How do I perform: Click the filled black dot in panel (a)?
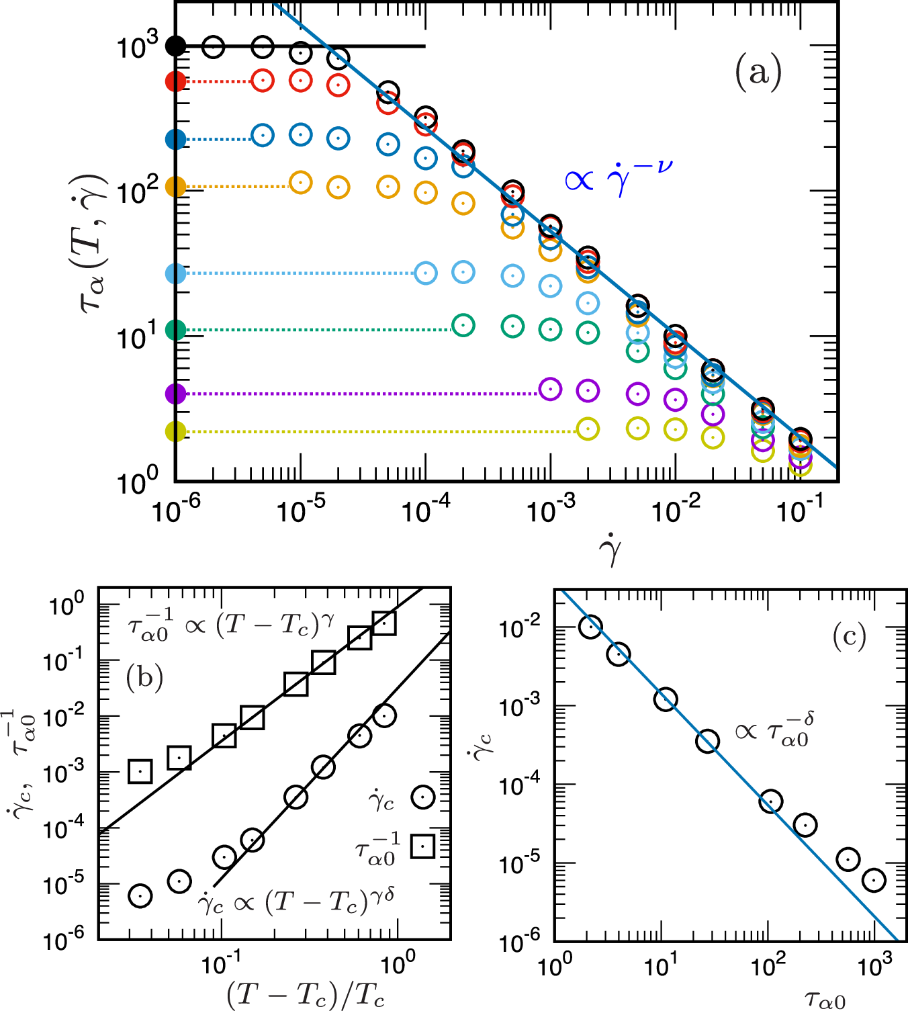click(x=175, y=46)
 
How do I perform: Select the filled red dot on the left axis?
click(x=175, y=81)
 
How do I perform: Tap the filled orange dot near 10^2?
click(x=175, y=186)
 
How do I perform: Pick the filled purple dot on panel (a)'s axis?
click(x=175, y=394)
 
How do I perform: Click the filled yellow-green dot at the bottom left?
click(x=175, y=431)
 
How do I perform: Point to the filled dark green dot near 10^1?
click(x=175, y=330)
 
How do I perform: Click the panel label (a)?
click(x=758, y=71)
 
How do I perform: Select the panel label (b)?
click(x=144, y=678)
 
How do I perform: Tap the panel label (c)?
click(x=849, y=635)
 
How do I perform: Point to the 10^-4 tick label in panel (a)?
click(x=425, y=511)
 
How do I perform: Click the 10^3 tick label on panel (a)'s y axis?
click(x=137, y=46)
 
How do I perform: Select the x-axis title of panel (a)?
click(x=610, y=552)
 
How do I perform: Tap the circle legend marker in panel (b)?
click(x=423, y=797)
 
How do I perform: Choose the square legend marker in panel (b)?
click(x=423, y=846)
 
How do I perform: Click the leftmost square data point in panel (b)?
click(x=140, y=771)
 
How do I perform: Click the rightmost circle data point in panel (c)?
click(x=874, y=880)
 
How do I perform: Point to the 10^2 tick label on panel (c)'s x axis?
click(x=768, y=966)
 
